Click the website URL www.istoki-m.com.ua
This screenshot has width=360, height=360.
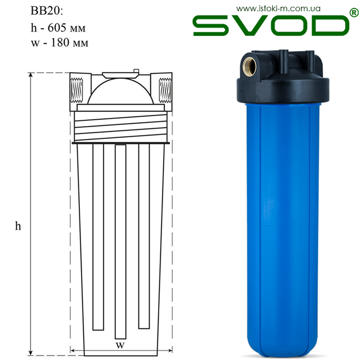278,9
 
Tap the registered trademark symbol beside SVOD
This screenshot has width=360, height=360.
354,12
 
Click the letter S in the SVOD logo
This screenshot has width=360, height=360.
211,25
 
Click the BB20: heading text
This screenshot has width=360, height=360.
47,11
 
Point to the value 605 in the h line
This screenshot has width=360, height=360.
57,28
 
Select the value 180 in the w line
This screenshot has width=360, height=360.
60,43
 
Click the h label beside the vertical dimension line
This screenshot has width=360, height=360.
18,226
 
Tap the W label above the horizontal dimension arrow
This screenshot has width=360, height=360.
120,345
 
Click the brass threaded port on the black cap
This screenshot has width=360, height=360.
250,66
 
